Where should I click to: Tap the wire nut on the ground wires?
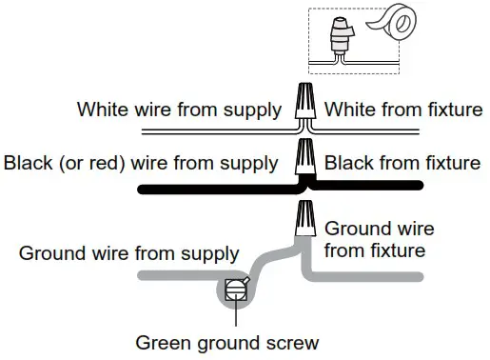pos(304,218)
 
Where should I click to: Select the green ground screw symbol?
pos(235,290)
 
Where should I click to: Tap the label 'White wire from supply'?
pos(180,109)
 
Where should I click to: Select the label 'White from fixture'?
pos(402,109)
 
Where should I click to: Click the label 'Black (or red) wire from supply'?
pos(144,163)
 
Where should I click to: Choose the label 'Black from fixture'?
pos(402,163)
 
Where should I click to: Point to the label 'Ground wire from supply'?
pos(128,254)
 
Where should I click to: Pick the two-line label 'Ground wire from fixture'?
pos(379,241)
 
